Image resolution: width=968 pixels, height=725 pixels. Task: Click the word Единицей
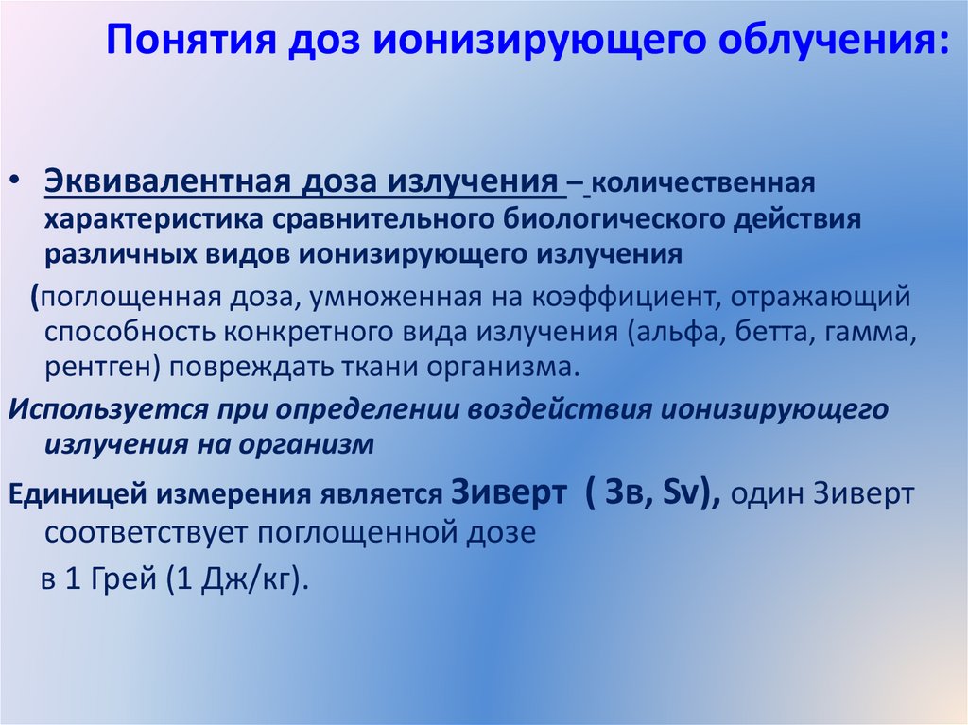click(77, 493)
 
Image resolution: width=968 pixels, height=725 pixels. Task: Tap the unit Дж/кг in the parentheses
click(247, 578)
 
